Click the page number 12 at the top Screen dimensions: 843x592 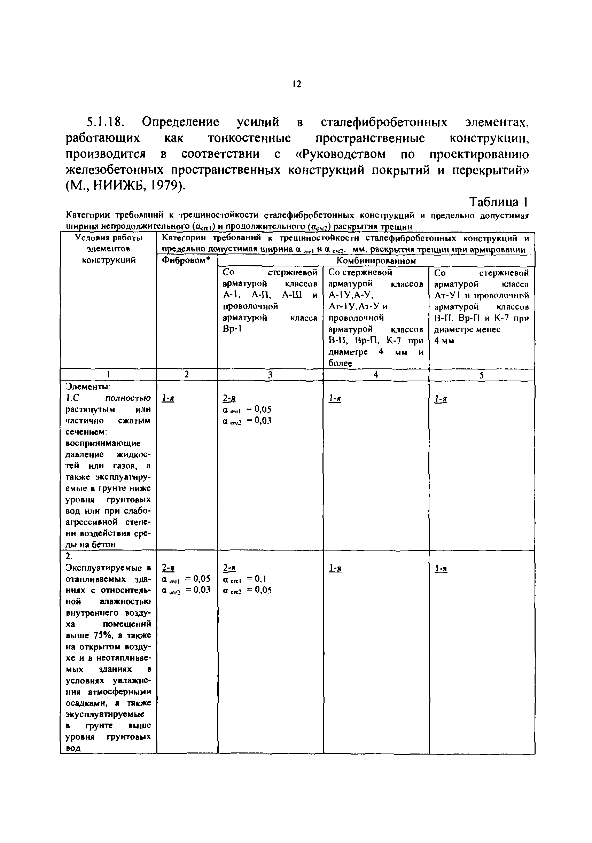297,85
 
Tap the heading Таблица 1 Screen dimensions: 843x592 498,202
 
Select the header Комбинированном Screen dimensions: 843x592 376,261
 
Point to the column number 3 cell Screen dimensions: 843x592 270,375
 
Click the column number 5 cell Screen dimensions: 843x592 482,375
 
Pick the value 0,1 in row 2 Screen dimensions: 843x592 260,579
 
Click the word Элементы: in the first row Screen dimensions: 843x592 88,387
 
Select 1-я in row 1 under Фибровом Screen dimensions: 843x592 168,398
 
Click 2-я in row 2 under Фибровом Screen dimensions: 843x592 168,568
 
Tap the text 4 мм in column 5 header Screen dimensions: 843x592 444,341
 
